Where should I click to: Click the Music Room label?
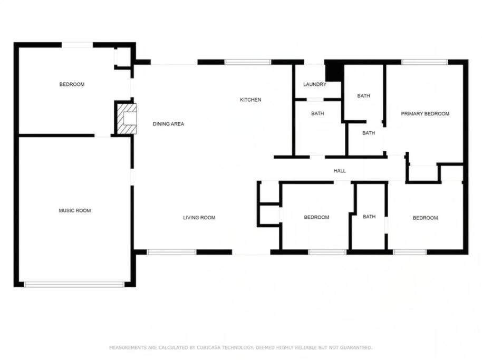tap(75, 210)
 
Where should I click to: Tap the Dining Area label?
tap(168, 124)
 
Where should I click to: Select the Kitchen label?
tap(250, 100)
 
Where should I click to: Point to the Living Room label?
tap(199, 218)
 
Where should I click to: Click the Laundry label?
tap(314, 84)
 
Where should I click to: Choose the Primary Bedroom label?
tap(425, 114)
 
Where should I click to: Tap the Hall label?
tap(340, 171)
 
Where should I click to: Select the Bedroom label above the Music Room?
tap(72, 84)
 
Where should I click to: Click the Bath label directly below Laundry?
tap(317, 113)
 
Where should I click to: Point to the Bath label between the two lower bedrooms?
tap(369, 217)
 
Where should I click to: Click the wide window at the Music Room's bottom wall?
tap(74, 284)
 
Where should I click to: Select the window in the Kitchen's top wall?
tap(248, 62)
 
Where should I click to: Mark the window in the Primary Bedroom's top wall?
tap(425, 62)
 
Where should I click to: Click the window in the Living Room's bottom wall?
tap(171, 252)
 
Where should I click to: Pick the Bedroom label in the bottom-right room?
tap(425, 218)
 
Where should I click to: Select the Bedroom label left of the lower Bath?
tap(316, 217)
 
